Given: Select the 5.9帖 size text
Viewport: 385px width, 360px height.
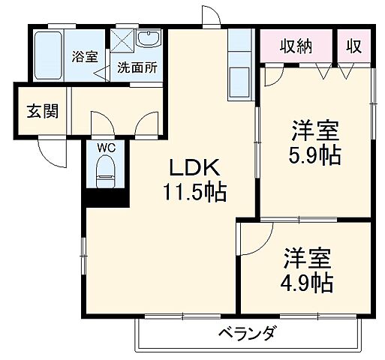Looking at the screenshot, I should click(316, 155).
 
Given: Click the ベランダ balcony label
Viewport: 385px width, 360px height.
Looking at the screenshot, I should click(247, 334).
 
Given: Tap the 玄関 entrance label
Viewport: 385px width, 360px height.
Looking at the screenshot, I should click(35, 112).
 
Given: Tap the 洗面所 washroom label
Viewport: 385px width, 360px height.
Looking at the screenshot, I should click(137, 67).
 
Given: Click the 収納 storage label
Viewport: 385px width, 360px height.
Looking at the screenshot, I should click(296, 46).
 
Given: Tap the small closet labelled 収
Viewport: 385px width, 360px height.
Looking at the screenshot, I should click(353, 46).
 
